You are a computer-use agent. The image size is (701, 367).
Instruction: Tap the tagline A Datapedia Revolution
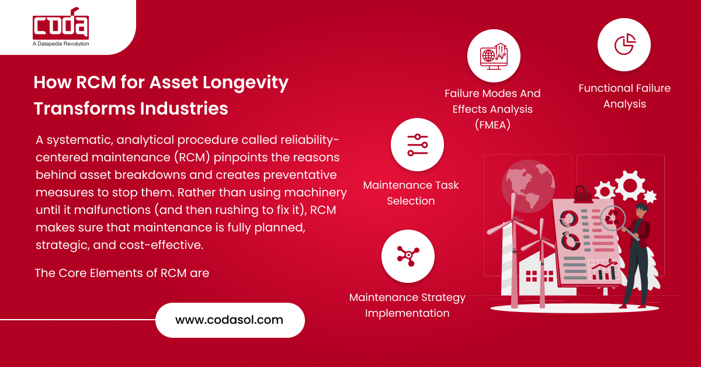(x=61, y=44)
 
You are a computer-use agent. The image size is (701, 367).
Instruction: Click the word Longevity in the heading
(x=245, y=82)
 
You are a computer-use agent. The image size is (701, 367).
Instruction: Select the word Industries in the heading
(x=183, y=109)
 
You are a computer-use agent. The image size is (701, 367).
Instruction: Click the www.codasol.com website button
(x=230, y=320)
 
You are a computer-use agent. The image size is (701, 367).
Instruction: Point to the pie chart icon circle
(x=624, y=44)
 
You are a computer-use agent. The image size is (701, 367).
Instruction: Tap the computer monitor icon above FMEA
(x=494, y=56)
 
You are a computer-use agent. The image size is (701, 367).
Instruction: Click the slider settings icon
(x=418, y=145)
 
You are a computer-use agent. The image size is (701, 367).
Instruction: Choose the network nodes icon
(x=408, y=256)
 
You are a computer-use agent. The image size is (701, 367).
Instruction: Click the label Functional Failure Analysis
(x=624, y=96)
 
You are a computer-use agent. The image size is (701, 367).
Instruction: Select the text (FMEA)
(x=492, y=125)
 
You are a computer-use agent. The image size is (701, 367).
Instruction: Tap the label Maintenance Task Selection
(x=411, y=193)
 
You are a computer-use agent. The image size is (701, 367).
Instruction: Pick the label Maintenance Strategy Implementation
(x=408, y=305)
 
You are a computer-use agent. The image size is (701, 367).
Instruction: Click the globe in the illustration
(x=528, y=186)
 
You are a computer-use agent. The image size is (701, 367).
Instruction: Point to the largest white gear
(x=630, y=185)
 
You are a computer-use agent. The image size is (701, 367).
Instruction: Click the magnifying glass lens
(x=612, y=218)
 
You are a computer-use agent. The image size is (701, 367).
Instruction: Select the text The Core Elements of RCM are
(x=122, y=273)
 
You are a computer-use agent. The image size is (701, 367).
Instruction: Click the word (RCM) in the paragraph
(x=192, y=157)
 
